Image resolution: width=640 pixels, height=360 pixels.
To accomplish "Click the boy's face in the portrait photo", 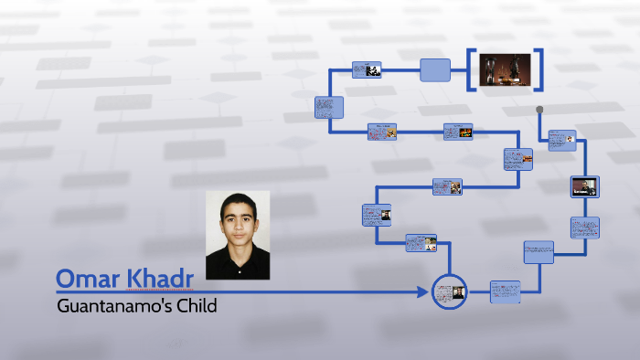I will tap(237, 219).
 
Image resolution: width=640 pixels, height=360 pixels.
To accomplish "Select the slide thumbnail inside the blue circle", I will tap(449, 292).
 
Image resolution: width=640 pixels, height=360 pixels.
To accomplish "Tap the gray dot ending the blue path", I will tap(539, 110).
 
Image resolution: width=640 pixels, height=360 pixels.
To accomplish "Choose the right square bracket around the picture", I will tap(541, 69).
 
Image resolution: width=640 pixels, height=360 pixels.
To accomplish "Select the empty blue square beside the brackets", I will tap(435, 70).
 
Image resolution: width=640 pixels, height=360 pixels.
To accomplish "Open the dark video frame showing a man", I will tap(584, 186).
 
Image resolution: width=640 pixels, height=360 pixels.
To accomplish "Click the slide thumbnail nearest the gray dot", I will tap(561, 140).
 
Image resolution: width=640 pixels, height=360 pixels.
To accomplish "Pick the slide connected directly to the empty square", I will tap(367, 70).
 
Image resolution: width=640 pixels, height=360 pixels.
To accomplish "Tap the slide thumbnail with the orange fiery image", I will tap(381, 132).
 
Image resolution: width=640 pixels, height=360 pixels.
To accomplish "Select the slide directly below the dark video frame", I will tap(584, 228).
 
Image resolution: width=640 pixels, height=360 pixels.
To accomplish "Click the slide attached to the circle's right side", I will tap(505, 292).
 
